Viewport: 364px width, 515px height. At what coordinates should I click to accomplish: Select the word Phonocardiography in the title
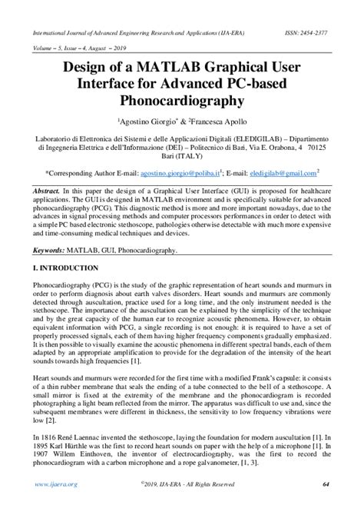pos(182,101)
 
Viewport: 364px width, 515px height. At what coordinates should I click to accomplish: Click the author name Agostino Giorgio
pos(147,122)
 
